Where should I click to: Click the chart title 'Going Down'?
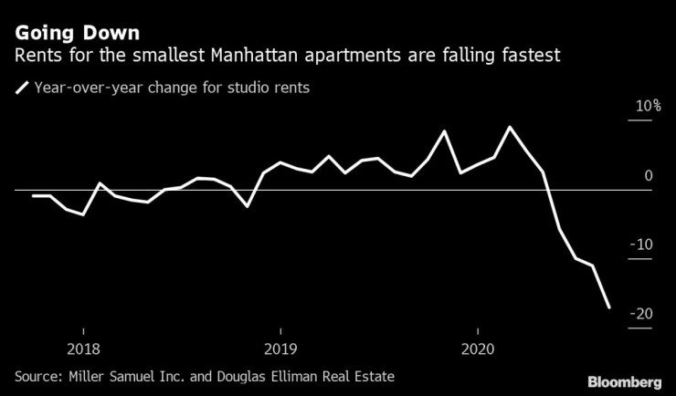(x=78, y=34)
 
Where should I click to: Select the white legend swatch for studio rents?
(x=21, y=89)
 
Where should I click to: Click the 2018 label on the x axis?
(x=83, y=348)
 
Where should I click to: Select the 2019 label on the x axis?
(x=280, y=348)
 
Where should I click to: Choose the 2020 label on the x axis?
(x=478, y=348)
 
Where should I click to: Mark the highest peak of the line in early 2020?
(x=510, y=127)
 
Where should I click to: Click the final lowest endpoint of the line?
(x=609, y=307)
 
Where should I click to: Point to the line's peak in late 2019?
(x=444, y=131)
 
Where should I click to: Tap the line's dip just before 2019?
(x=247, y=206)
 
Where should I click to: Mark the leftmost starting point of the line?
(x=33, y=195)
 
